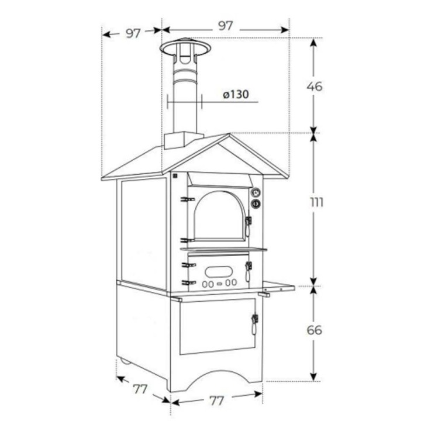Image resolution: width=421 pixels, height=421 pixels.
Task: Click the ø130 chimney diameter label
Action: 236,94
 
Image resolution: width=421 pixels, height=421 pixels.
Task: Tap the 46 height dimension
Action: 315,87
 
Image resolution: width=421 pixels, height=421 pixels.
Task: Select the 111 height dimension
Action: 316,202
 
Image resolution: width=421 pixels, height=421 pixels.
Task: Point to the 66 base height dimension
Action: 315,330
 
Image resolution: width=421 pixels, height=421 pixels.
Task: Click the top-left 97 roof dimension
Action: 133,33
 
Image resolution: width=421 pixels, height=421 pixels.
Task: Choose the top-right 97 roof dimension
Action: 225,26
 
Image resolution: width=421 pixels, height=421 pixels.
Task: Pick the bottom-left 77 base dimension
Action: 140,389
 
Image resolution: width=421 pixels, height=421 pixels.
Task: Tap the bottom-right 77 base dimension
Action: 216,401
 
